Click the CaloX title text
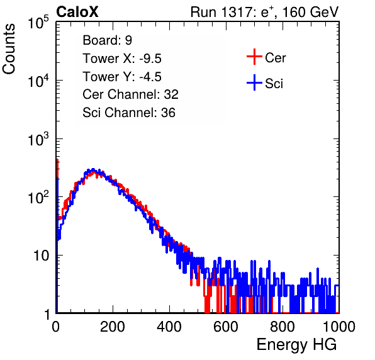click(x=77, y=12)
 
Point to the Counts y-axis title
click(x=9, y=49)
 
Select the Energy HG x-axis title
click(x=296, y=345)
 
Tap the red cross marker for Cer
click(x=254, y=57)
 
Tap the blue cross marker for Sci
click(x=254, y=82)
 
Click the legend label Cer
click(x=275, y=58)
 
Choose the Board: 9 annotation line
click(x=107, y=40)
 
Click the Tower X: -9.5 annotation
click(x=122, y=59)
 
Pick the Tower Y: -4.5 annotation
click(x=122, y=77)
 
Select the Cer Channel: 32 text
click(x=130, y=94)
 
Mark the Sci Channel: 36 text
click(x=129, y=113)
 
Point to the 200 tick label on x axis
click(x=113, y=327)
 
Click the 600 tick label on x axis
click(x=226, y=327)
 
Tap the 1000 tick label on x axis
click(x=339, y=327)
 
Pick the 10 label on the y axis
click(x=42, y=256)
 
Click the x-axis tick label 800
click(x=283, y=327)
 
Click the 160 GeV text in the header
click(x=310, y=12)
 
